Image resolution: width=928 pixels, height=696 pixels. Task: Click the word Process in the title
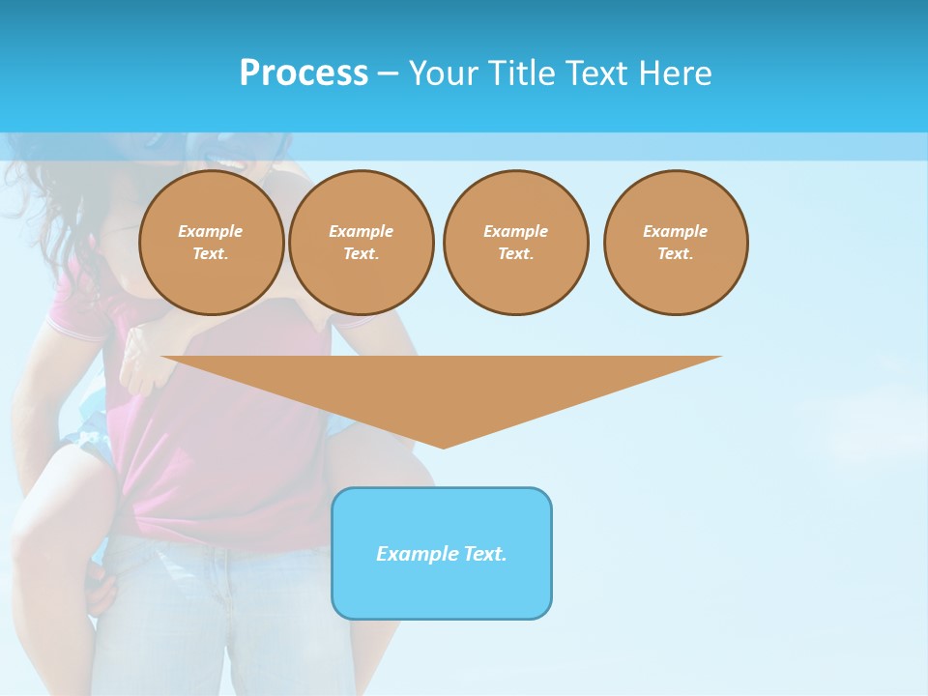click(304, 73)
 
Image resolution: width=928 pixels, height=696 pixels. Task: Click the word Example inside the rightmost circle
click(675, 231)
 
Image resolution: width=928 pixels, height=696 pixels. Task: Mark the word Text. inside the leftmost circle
click(211, 254)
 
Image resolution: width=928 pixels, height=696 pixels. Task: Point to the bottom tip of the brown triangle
click(443, 446)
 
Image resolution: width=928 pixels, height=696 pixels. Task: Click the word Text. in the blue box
click(484, 554)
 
